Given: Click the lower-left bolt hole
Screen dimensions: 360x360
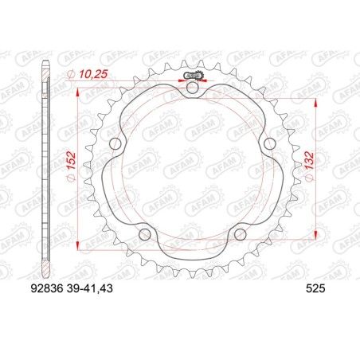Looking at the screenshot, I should (143, 234).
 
